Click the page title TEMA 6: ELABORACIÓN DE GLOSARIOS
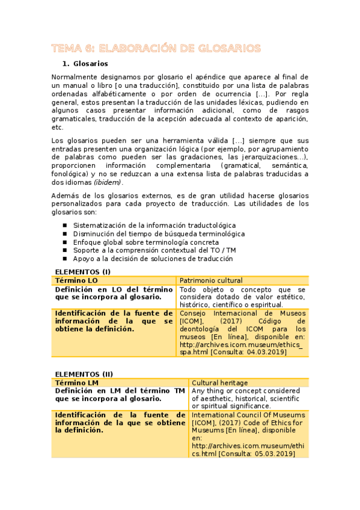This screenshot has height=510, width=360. (156, 48)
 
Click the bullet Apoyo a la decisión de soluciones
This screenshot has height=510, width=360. (153, 259)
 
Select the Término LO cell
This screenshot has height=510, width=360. (76, 280)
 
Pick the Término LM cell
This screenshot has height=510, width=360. (76, 382)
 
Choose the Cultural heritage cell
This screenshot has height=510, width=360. (218, 382)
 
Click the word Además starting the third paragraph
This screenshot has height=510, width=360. (65, 195)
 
